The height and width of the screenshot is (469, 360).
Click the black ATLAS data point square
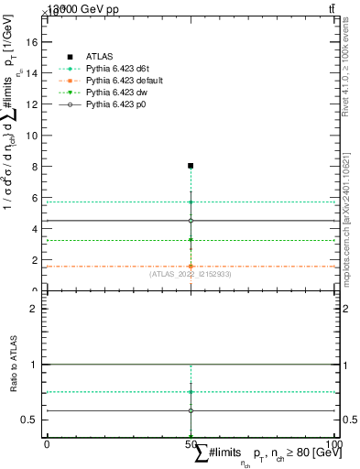[191, 166]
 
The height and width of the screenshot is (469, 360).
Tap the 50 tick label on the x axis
[191, 443]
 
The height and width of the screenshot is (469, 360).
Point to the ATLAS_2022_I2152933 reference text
[191, 273]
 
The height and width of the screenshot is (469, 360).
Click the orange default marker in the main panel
[191, 267]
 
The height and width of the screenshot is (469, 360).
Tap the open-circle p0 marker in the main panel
[191, 221]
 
